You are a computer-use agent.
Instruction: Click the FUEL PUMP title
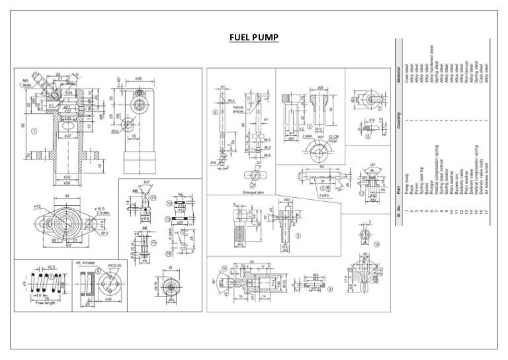254,37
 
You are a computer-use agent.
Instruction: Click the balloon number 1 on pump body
33,130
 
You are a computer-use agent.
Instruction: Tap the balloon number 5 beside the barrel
299,234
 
